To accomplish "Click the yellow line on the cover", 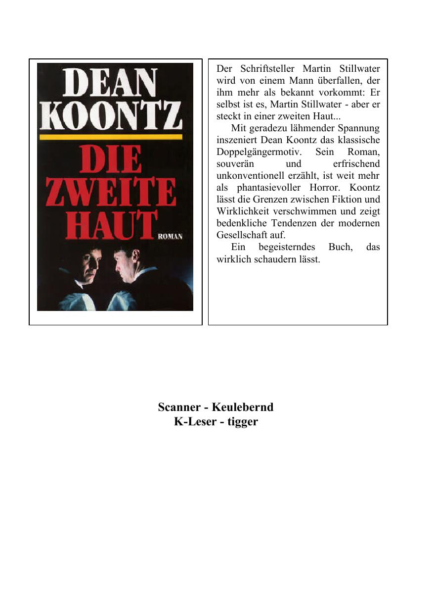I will tap(111, 137).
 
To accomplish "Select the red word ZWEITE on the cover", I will tap(111, 193).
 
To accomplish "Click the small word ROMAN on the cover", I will tap(170, 237).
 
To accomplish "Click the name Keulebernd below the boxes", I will tap(243, 407).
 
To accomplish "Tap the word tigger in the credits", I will tap(243, 422).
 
